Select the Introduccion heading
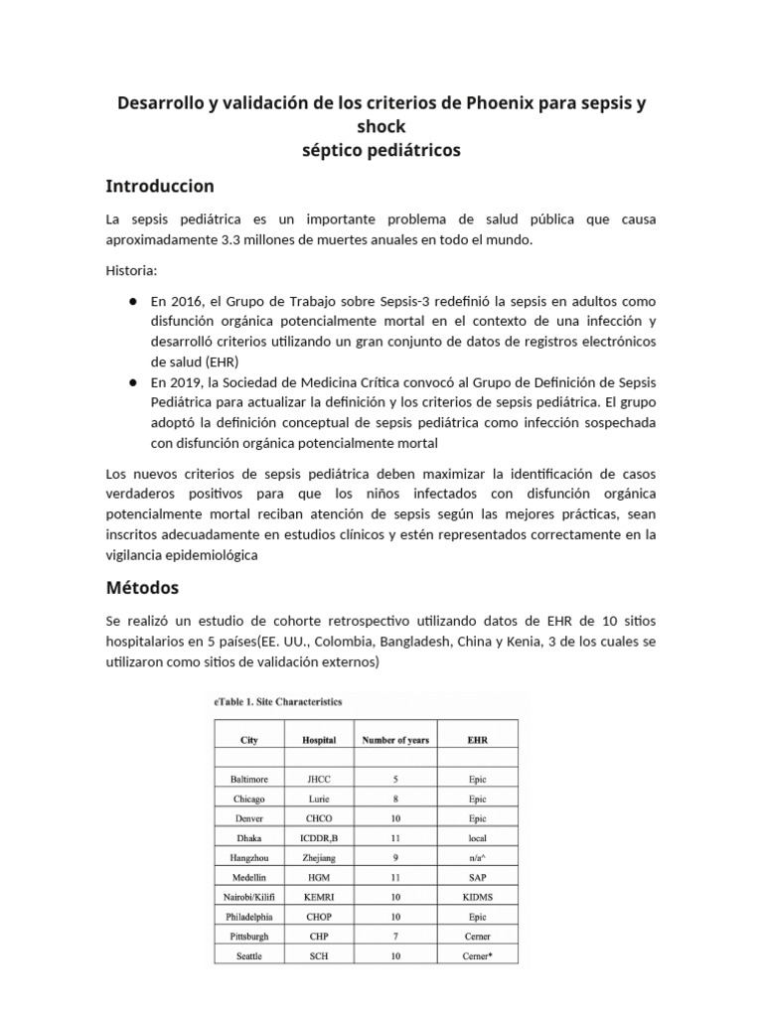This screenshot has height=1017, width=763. [x=159, y=186]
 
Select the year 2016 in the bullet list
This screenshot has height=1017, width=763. [x=184, y=300]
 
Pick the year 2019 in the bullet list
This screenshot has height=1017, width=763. [x=184, y=382]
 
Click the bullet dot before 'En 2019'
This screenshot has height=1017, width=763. [x=132, y=382]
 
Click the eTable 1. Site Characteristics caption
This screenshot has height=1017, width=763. [x=278, y=701]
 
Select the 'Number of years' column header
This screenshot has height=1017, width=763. [x=395, y=740]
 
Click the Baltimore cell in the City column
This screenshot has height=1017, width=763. [x=248, y=780]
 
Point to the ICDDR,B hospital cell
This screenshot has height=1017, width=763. [x=319, y=838]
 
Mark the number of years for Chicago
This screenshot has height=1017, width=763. [x=395, y=799]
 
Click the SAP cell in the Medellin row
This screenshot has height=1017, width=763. [x=477, y=877]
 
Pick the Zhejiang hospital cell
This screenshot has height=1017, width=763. [x=319, y=857]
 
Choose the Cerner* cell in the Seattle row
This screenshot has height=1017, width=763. [x=477, y=954]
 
